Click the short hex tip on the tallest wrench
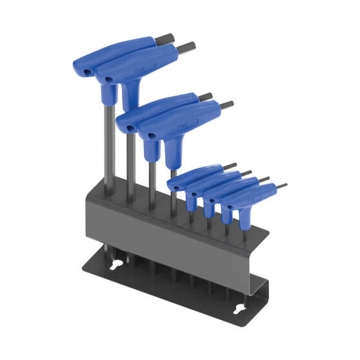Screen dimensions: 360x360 tap(165, 41)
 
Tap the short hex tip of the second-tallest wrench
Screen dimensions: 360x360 tap(186, 47)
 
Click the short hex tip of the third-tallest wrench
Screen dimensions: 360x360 tap(205, 97)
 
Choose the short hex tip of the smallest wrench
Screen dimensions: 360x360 tap(281, 186)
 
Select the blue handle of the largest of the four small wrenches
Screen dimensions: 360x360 tap(194, 177)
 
